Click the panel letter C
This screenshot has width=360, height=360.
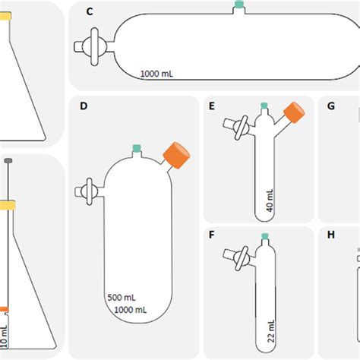(x=90, y=11)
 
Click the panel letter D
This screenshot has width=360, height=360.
(x=84, y=106)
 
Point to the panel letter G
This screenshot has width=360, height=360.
(x=330, y=106)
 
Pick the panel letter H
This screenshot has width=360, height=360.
(x=330, y=235)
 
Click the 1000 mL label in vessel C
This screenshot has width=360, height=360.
(x=161, y=74)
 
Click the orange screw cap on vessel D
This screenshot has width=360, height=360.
(x=177, y=153)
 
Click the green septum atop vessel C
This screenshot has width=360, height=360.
(x=239, y=5)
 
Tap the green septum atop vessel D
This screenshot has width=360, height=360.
(x=137, y=149)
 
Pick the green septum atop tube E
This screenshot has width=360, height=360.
(x=264, y=106)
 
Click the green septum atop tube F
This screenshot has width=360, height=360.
(x=264, y=236)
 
